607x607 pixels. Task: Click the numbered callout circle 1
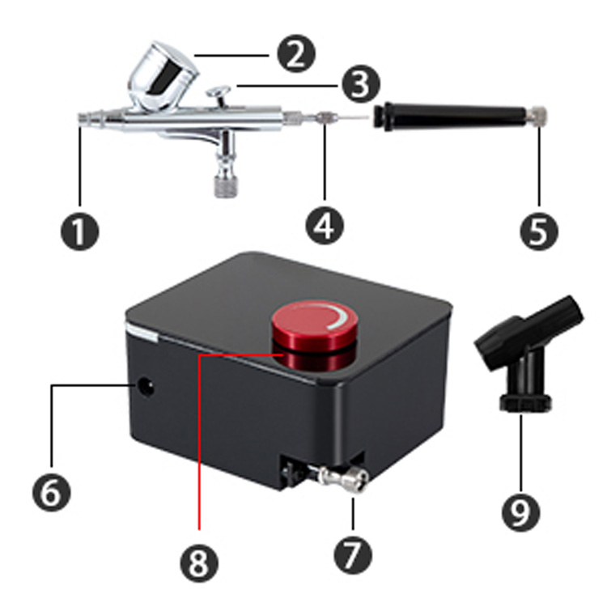point(80,231)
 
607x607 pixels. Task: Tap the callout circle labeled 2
point(296,53)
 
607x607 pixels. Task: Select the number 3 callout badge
point(361,84)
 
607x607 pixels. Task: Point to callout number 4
point(325,226)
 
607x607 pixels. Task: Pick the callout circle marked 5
point(539,231)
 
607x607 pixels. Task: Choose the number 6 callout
point(52,492)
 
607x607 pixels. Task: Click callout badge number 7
point(353,554)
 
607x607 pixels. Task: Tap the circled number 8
point(199,562)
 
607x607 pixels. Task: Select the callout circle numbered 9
point(520,511)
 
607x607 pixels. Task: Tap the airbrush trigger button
point(219,96)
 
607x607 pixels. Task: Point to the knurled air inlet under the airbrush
point(226,187)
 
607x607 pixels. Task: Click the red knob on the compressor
point(314,335)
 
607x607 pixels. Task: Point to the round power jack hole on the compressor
point(146,387)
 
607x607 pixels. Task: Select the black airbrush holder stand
point(528,354)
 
